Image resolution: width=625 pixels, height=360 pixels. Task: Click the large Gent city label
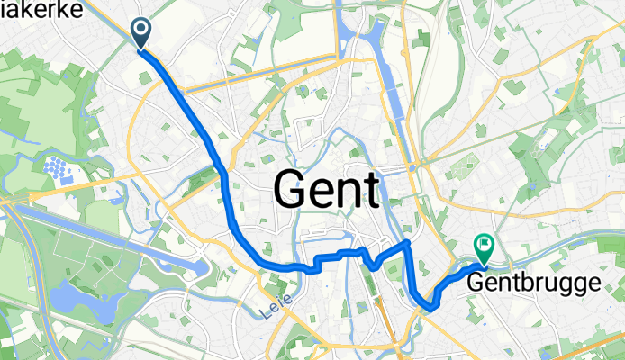click(x=325, y=190)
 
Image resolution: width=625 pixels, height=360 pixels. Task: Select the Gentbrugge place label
click(x=533, y=283)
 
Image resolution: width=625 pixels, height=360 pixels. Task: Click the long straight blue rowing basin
click(x=117, y=241)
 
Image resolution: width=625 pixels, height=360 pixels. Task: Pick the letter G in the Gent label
click(x=290, y=190)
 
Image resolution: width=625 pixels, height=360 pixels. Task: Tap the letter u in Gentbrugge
click(x=549, y=284)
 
